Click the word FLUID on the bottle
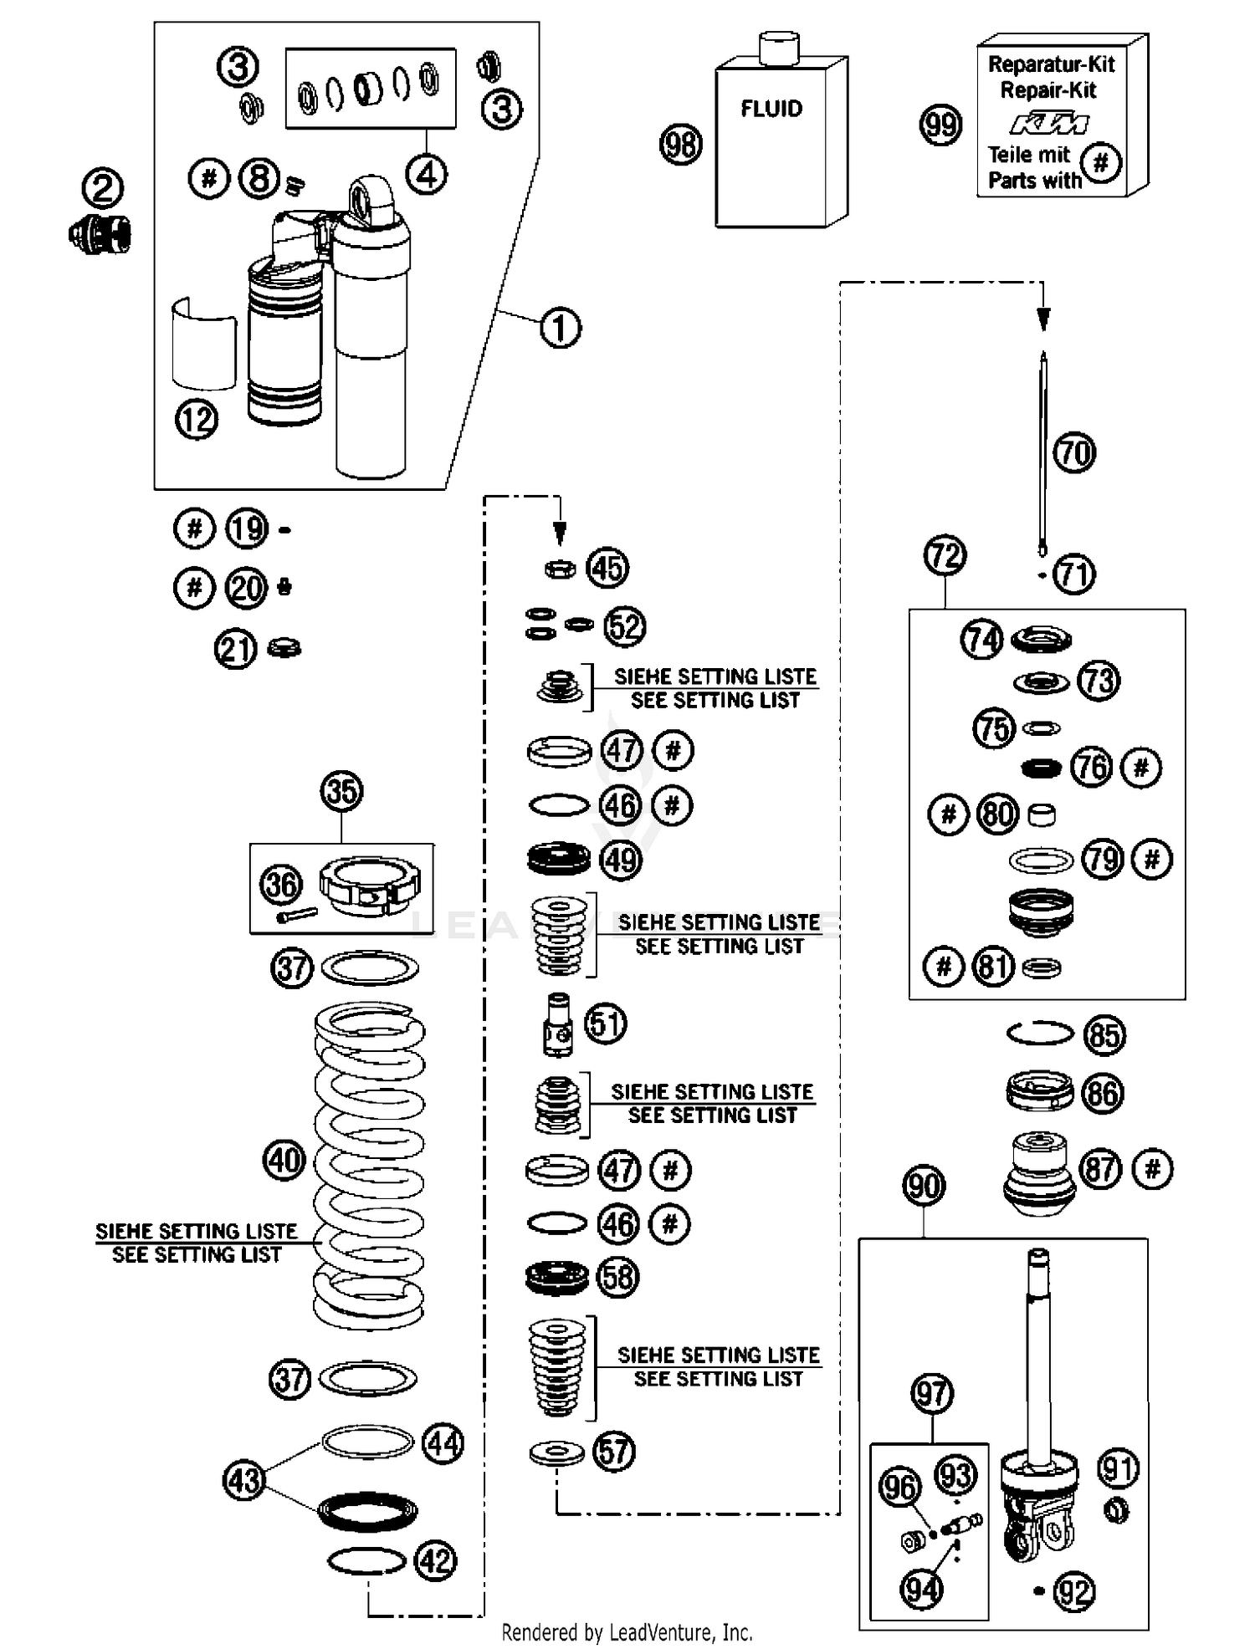click(771, 109)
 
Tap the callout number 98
click(681, 144)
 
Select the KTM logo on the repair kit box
click(1049, 125)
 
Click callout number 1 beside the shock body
click(560, 328)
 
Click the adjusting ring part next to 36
click(370, 886)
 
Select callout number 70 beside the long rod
click(1074, 453)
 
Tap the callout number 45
click(607, 568)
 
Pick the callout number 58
click(617, 1278)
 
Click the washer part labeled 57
click(557, 1452)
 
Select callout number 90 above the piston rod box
click(924, 1186)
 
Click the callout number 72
click(945, 555)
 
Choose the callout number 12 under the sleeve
click(197, 419)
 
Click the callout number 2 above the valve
click(103, 188)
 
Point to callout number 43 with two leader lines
click(244, 1481)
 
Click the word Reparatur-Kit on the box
click(1052, 64)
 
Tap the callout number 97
click(931, 1393)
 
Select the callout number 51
click(606, 1024)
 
